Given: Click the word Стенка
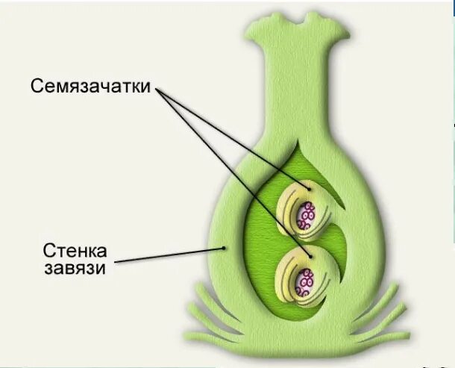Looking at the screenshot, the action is tap(69, 248).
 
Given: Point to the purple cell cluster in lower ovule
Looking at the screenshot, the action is tap(305, 282).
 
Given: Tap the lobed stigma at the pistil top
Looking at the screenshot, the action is tap(294, 30).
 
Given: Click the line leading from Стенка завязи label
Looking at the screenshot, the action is tap(172, 255).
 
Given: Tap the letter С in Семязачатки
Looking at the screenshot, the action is tap(37, 85).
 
